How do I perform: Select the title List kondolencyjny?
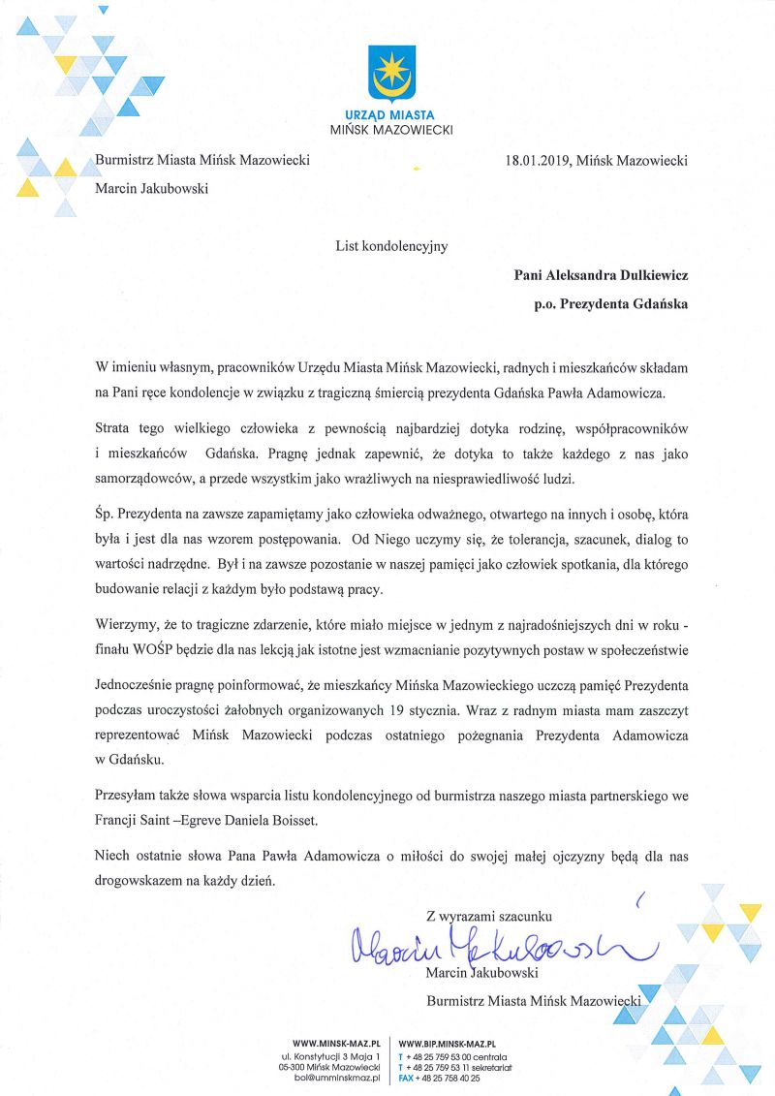tap(391, 246)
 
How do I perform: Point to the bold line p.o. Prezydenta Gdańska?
tap(610, 303)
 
